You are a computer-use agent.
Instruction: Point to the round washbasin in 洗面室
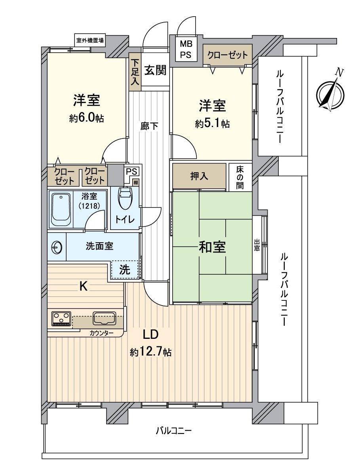[x=57, y=247]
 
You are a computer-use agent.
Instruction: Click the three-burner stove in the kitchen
[x=61, y=318]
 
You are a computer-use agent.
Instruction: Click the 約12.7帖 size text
[x=151, y=352]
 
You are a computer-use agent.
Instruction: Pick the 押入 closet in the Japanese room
[x=199, y=176]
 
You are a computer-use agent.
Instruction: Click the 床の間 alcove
[x=240, y=177]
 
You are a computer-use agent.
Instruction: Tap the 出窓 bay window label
[x=257, y=244]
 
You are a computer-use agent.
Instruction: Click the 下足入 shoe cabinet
[x=135, y=72]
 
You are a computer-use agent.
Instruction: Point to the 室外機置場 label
[x=90, y=40]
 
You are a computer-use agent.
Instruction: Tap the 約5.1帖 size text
[x=212, y=123]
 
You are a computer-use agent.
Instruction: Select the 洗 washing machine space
[x=125, y=270]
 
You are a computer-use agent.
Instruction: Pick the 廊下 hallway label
[x=150, y=126]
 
